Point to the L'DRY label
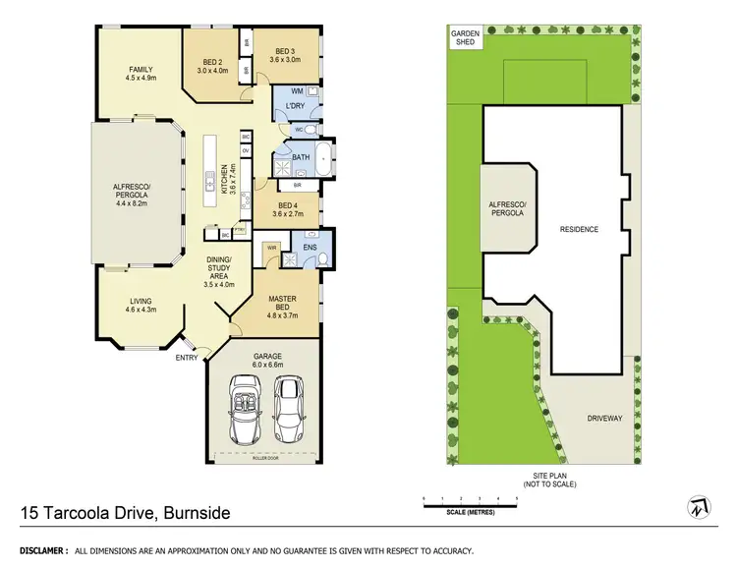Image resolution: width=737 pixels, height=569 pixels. (295, 106)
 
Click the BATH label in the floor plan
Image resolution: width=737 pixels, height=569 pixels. (300, 157)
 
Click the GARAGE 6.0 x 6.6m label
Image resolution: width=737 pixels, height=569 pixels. (266, 360)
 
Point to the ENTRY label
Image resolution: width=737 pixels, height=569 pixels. (186, 358)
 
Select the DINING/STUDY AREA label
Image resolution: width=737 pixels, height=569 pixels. (219, 271)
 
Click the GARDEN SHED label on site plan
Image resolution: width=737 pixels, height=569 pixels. (464, 38)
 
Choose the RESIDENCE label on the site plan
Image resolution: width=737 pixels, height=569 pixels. (579, 230)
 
